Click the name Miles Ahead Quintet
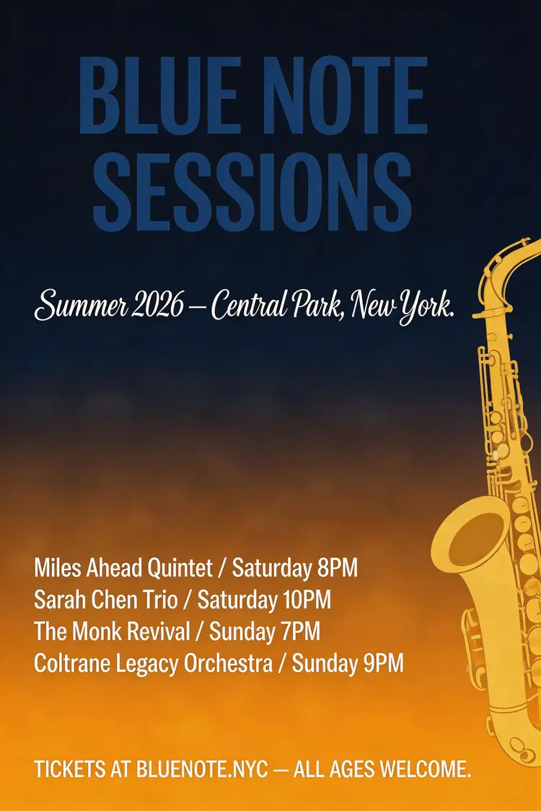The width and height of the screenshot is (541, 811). [123, 569]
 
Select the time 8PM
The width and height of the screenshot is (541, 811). [337, 569]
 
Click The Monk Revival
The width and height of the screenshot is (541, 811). [113, 631]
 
